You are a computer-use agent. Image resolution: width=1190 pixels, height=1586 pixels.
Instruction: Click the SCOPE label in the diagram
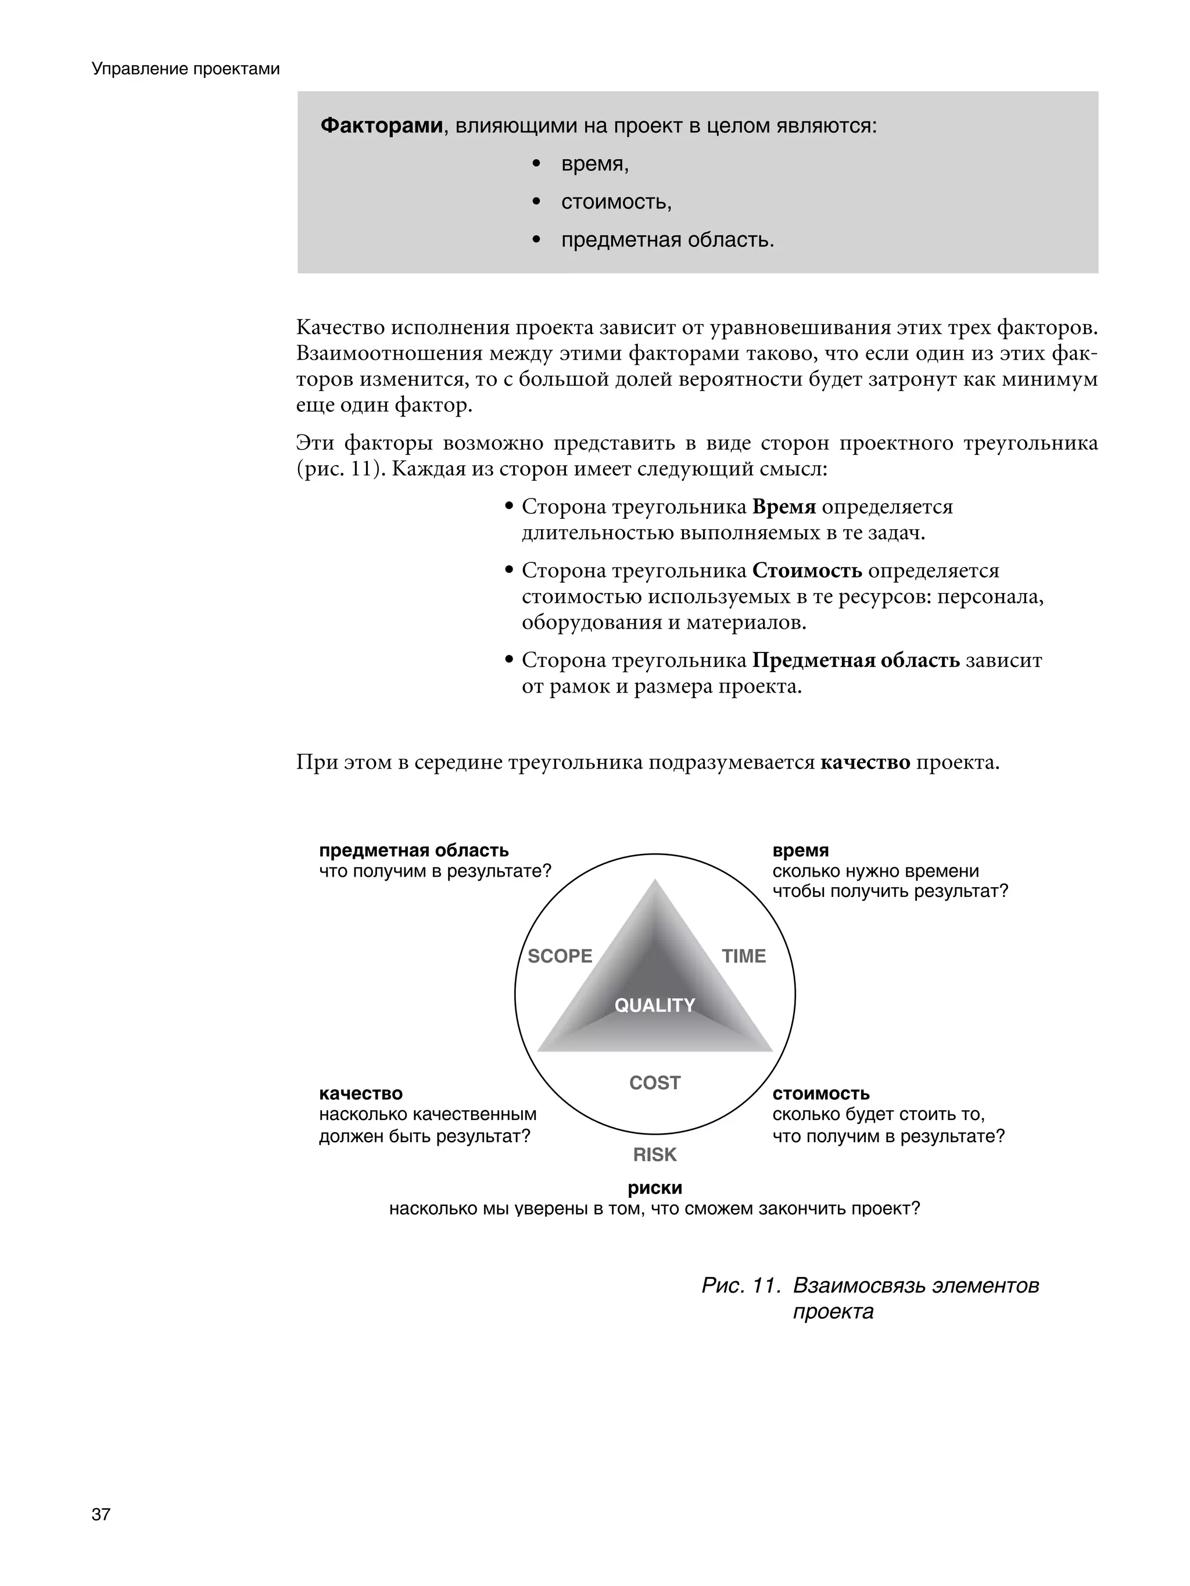click(560, 956)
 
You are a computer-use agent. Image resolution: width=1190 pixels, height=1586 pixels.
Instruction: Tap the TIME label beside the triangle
click(743, 956)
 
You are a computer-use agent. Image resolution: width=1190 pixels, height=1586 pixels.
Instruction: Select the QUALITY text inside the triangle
click(654, 1005)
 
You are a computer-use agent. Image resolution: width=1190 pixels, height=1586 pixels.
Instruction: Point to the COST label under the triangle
click(654, 1083)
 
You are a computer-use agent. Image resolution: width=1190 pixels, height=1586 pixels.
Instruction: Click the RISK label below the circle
click(654, 1155)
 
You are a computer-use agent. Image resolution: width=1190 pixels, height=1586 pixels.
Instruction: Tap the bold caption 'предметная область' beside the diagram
click(414, 851)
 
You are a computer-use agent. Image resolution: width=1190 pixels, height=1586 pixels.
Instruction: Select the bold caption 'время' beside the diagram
click(801, 851)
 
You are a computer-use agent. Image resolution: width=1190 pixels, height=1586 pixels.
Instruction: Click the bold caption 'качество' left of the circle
click(361, 1093)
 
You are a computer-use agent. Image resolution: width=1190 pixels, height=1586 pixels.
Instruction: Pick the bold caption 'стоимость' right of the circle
click(820, 1093)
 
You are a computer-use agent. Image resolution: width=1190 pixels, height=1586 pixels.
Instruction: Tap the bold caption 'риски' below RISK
click(654, 1188)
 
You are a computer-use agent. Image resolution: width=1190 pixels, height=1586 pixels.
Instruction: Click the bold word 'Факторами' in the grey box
click(381, 125)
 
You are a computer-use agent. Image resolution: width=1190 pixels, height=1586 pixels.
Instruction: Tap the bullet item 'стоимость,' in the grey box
click(616, 202)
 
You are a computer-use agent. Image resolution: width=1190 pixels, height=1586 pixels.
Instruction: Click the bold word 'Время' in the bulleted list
click(783, 507)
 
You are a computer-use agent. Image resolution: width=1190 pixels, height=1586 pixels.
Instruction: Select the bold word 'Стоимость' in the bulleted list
click(807, 570)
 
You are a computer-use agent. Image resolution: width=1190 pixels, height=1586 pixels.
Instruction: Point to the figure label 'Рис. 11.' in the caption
click(740, 1286)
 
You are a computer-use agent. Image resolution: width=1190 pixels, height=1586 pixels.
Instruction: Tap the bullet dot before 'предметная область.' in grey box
click(536, 240)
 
